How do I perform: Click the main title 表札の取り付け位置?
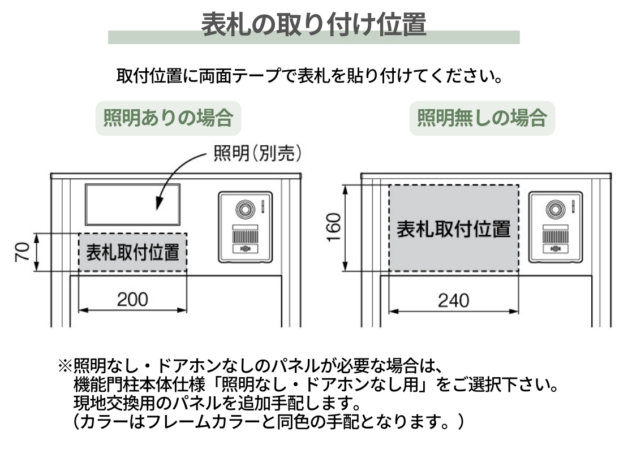tap(313, 24)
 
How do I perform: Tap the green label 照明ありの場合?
tap(168, 118)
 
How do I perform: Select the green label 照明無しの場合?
tap(482, 118)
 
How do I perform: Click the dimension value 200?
tap(132, 299)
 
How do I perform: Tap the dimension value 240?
tap(453, 300)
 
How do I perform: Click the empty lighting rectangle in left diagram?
tap(132, 204)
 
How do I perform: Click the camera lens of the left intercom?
tap(246, 209)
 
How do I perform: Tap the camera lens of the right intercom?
tap(555, 209)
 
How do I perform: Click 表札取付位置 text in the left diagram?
tap(132, 252)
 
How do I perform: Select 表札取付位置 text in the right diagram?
tap(453, 229)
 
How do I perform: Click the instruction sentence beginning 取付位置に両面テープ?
tap(310, 75)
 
